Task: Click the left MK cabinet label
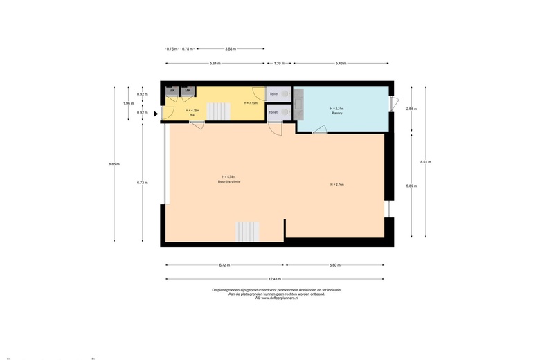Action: [x=172, y=91]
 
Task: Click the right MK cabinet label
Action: [x=187, y=91]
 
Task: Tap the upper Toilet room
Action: [x=274, y=93]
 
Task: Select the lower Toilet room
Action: [x=273, y=111]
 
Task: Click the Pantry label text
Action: [x=336, y=113]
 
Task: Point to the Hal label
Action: [x=192, y=115]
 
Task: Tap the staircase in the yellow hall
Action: [x=219, y=111]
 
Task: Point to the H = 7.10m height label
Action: [x=250, y=103]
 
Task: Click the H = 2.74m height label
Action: [x=337, y=184]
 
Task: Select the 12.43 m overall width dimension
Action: [x=274, y=279]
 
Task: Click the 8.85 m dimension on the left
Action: [x=114, y=164]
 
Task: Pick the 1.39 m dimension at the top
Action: [x=278, y=63]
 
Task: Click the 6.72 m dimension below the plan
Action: [x=224, y=265]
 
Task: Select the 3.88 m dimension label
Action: [x=231, y=49]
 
